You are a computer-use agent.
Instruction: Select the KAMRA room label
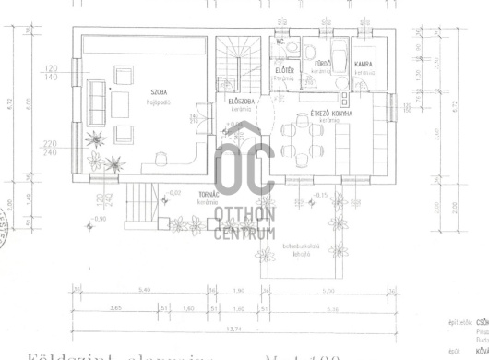click(363, 64)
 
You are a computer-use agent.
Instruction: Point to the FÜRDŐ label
click(323, 64)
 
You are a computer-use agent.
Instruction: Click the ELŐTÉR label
click(284, 70)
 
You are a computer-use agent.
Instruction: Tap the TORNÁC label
click(209, 195)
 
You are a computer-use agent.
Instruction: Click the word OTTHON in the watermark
click(244, 215)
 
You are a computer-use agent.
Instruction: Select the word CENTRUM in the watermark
click(244, 232)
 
